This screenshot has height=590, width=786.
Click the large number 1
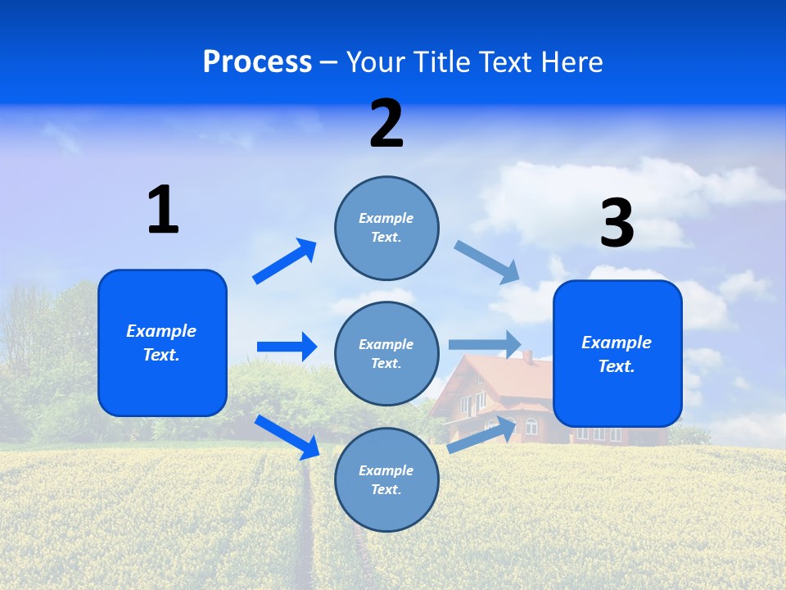tap(163, 210)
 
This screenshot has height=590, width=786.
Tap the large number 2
tap(386, 124)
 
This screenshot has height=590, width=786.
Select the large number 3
tap(617, 224)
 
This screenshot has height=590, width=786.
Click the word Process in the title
tap(257, 61)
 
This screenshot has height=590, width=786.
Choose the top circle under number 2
tap(386, 228)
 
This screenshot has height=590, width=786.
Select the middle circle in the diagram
tap(386, 354)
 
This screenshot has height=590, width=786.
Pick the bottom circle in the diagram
tap(386, 480)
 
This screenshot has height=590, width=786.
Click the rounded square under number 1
tap(162, 343)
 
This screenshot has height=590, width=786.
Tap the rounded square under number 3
tap(617, 354)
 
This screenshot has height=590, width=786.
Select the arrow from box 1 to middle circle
tap(287, 347)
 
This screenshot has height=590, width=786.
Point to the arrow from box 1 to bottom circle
tap(287, 436)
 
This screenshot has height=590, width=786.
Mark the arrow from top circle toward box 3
tap(488, 261)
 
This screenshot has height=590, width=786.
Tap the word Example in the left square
tap(161, 331)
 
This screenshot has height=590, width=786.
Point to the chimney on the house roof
tap(528, 357)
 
